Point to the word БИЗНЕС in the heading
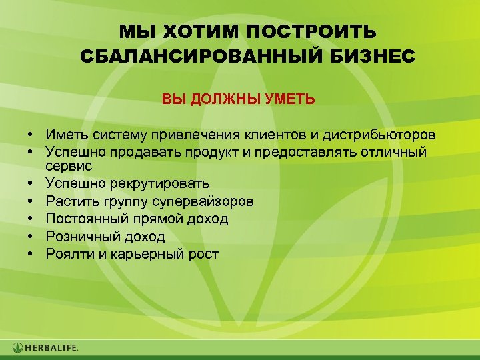pyautogui.click(x=377, y=56)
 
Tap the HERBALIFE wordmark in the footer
pyautogui.click(x=53, y=347)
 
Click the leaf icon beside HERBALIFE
pyautogui.click(x=17, y=347)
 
